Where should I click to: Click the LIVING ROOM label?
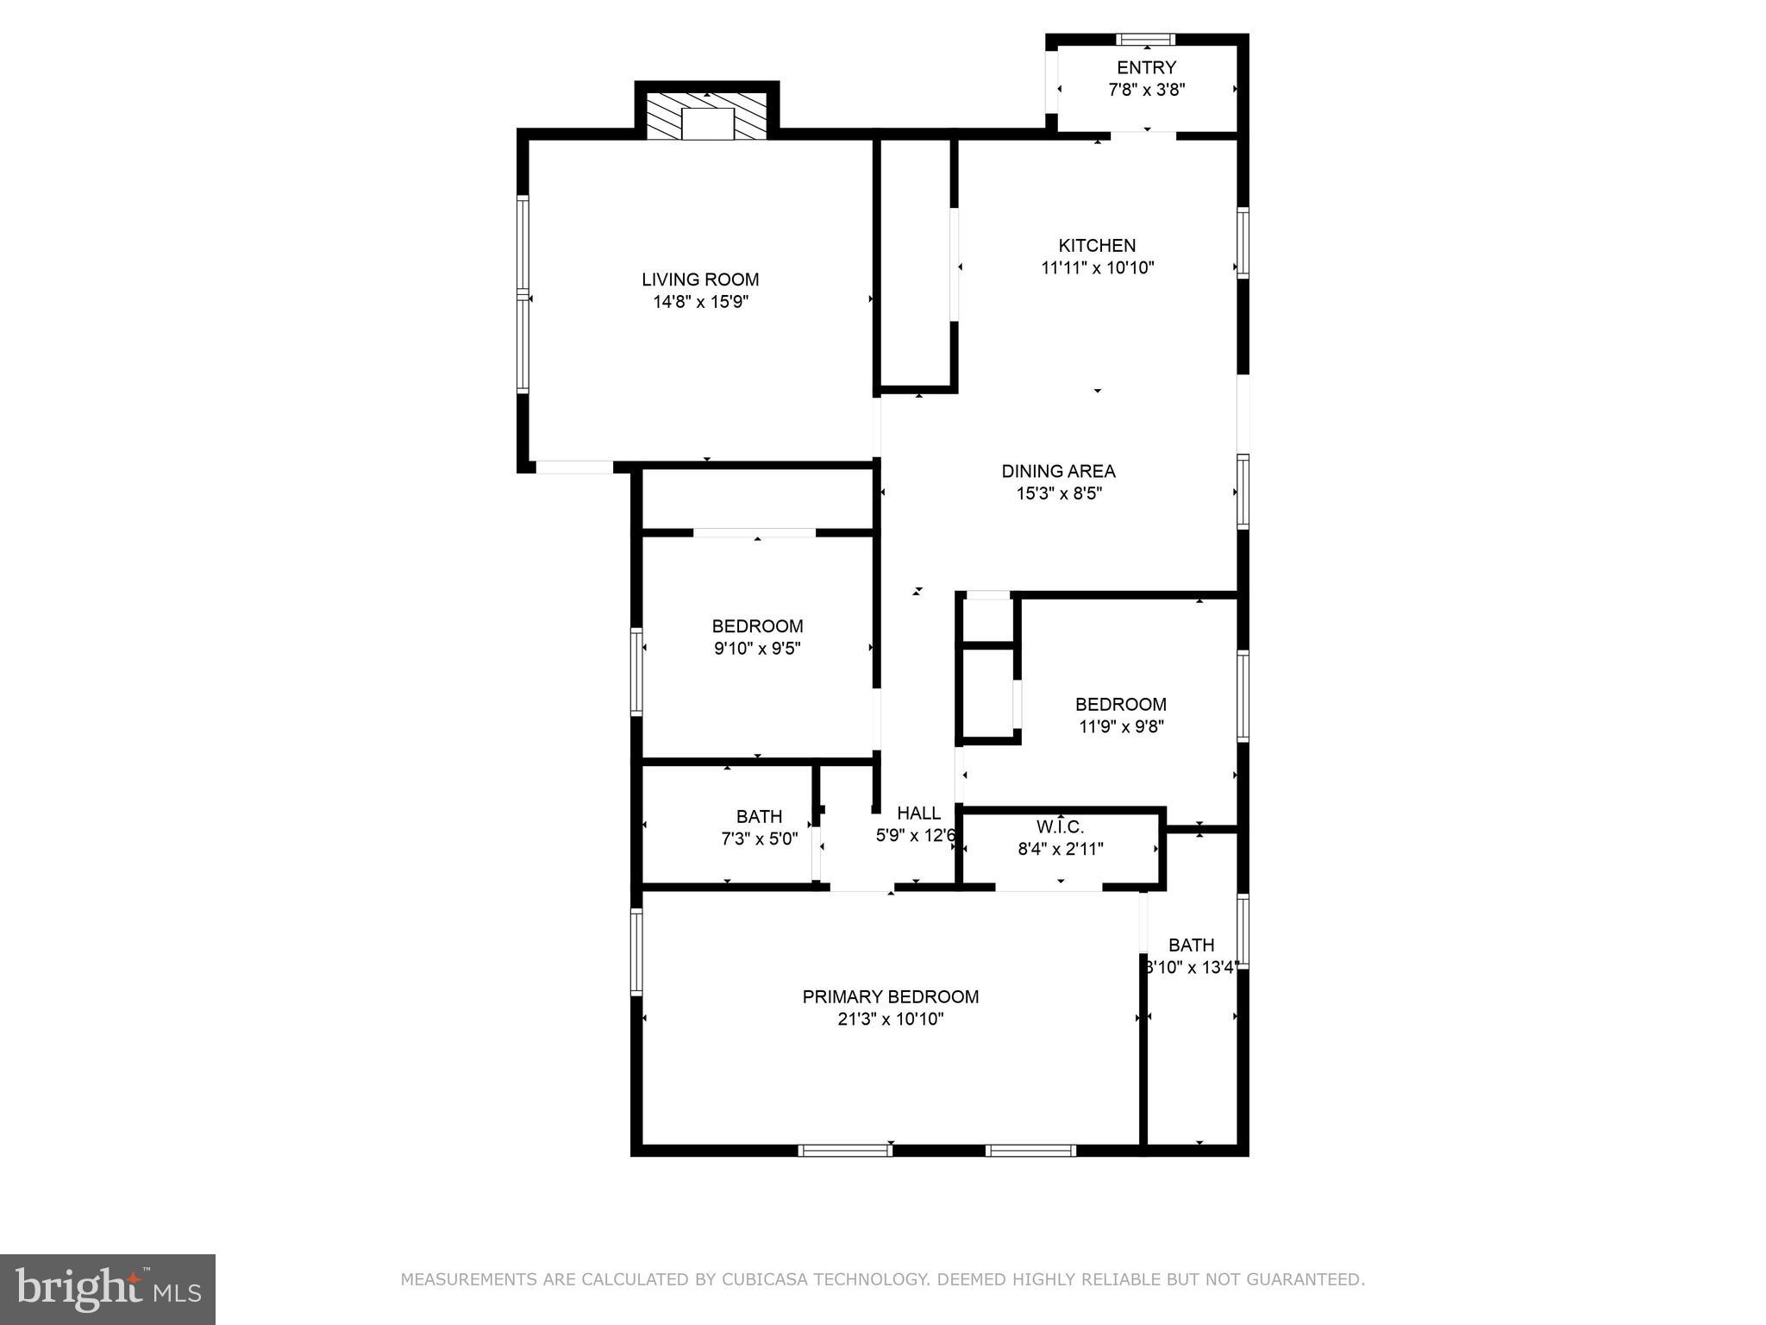point(700,279)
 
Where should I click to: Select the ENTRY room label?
point(1146,67)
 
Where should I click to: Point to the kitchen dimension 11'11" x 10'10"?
point(1097,268)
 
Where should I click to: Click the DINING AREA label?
point(1058,471)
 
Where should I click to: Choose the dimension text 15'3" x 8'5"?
point(1059,493)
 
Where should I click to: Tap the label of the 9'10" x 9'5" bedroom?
point(757,626)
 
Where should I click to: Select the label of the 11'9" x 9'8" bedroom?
point(1120,704)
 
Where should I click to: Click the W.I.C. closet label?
point(1060,827)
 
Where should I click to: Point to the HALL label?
point(918,813)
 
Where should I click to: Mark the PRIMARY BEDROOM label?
point(890,996)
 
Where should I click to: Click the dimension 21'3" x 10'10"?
point(890,1019)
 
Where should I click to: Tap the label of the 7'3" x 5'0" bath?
point(759,816)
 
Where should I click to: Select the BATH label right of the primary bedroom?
point(1191,945)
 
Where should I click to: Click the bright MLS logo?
point(107,1289)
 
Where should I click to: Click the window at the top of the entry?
point(1145,39)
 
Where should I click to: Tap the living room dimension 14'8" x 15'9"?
point(700,302)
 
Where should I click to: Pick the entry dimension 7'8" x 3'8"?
point(1146,90)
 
